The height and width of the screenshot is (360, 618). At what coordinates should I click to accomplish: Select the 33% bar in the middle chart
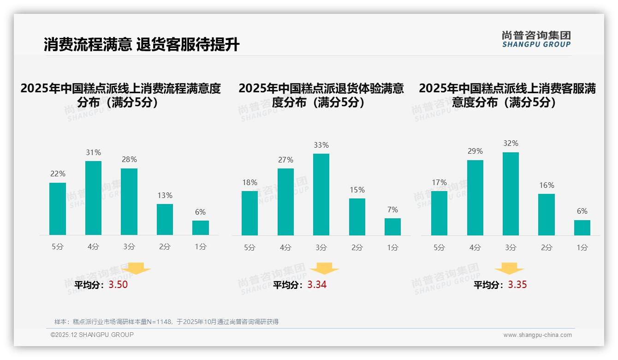click(321, 194)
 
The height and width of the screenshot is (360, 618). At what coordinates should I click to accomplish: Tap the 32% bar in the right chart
click(511, 193)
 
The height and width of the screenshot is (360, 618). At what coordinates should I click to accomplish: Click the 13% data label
click(165, 195)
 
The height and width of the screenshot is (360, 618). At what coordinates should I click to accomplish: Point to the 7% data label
click(392, 210)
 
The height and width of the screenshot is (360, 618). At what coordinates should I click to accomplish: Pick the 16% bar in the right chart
click(546, 214)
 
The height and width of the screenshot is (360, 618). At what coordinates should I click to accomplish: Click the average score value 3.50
click(118, 285)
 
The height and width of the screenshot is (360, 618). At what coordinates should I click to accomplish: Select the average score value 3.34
click(317, 285)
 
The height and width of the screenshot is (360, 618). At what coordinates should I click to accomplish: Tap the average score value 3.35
click(517, 285)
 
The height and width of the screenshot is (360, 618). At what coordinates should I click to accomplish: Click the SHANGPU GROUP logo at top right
click(536, 39)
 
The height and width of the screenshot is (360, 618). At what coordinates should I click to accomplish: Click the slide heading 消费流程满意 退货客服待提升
click(142, 45)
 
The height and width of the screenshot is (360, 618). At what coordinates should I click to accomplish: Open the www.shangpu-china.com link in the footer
click(537, 335)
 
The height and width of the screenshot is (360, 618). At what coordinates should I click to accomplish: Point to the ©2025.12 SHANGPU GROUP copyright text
click(92, 335)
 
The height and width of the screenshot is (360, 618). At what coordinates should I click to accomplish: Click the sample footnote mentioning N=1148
click(166, 322)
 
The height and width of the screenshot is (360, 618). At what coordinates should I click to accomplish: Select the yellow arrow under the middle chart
click(324, 269)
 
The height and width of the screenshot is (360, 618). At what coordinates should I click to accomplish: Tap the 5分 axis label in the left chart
click(58, 247)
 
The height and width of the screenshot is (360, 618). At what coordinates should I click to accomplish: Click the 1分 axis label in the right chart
click(582, 247)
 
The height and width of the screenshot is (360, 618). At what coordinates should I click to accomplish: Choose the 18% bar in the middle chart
click(250, 213)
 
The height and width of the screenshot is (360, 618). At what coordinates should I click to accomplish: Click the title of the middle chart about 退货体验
click(321, 95)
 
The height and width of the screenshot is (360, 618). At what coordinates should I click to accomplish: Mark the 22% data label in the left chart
click(58, 174)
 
